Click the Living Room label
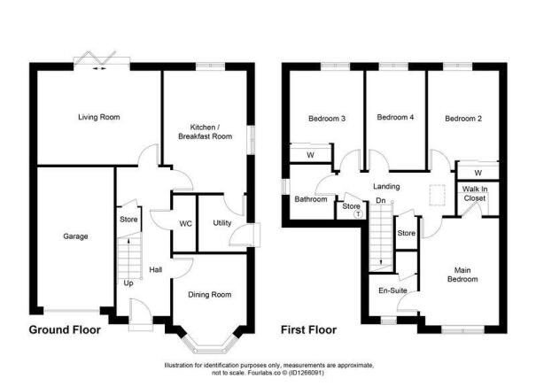[98, 117]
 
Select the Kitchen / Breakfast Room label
[205, 131]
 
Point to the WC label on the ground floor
[186, 222]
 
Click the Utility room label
[222, 222]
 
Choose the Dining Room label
[210, 294]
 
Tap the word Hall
[155, 269]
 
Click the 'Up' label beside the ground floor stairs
[128, 283]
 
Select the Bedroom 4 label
[395, 117]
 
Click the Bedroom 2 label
[462, 118]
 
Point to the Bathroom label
[311, 199]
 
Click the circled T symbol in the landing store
[357, 214]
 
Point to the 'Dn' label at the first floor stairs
[380, 200]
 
